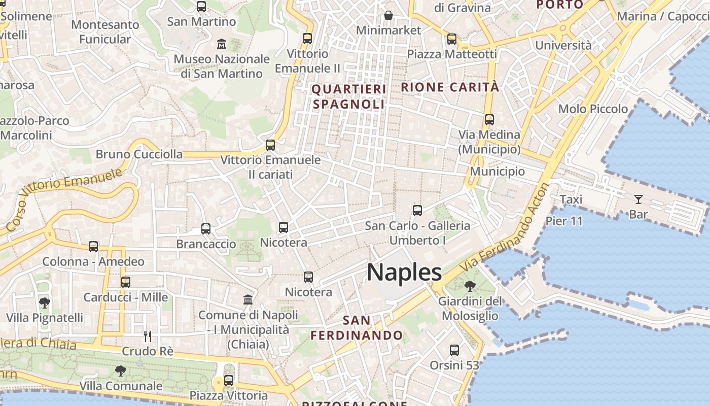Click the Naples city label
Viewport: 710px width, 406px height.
404,273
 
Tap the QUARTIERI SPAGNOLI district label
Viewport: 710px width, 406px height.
348,97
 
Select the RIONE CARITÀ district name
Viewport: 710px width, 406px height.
450,87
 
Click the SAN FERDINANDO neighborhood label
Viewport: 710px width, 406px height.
357,328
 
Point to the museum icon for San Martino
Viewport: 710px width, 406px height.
222,44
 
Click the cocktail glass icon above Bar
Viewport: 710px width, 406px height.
638,199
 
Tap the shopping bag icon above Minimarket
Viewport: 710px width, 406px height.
388,15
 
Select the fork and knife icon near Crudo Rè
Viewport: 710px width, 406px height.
148,336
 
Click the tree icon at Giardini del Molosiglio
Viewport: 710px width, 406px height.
470,286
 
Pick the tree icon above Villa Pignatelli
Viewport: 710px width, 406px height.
44,303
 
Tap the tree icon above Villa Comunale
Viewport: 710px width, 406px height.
120,371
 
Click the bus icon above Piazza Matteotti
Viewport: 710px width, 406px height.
452,39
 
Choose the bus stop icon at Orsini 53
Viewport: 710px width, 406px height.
454,350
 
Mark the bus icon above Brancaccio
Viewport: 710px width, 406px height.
205,229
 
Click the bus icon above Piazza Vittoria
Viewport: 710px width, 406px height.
229,381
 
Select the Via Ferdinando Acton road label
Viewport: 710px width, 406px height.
505,228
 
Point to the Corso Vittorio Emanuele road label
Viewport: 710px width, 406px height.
64,198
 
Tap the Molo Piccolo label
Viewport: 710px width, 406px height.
593,109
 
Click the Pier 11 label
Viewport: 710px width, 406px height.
564,221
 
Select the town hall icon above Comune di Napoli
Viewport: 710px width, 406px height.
248,300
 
